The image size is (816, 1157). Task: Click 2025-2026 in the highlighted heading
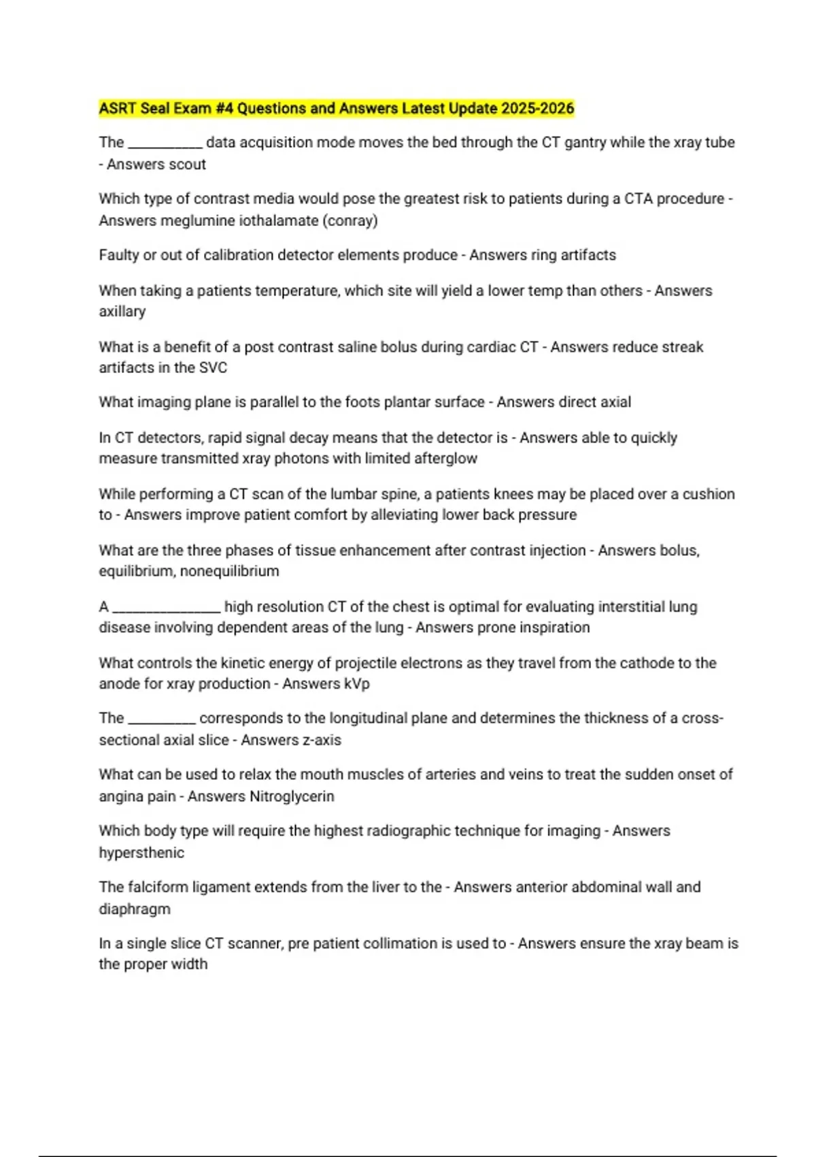537,108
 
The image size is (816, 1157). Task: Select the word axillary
122,312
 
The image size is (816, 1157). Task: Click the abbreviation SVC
214,368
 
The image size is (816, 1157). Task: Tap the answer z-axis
317,740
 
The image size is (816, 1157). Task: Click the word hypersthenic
141,853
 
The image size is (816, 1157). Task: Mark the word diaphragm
135,909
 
